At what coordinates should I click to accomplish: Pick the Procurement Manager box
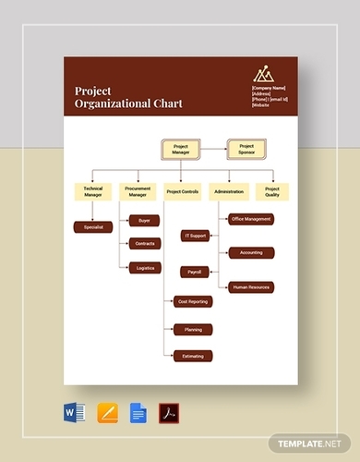click(137, 191)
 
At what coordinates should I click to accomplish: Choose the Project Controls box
click(182, 191)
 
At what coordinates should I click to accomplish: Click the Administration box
click(227, 191)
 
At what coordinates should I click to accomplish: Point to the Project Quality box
click(272, 191)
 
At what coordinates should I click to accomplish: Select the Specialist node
click(92, 226)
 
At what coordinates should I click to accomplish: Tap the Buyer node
click(145, 222)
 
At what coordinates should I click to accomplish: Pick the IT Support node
click(196, 237)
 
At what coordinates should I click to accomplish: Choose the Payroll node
click(195, 272)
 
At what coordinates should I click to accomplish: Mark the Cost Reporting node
click(192, 301)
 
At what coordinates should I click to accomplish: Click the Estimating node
click(192, 355)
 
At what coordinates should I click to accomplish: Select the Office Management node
click(251, 219)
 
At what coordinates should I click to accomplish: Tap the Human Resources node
click(251, 287)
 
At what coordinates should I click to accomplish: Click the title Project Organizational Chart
click(128, 97)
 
